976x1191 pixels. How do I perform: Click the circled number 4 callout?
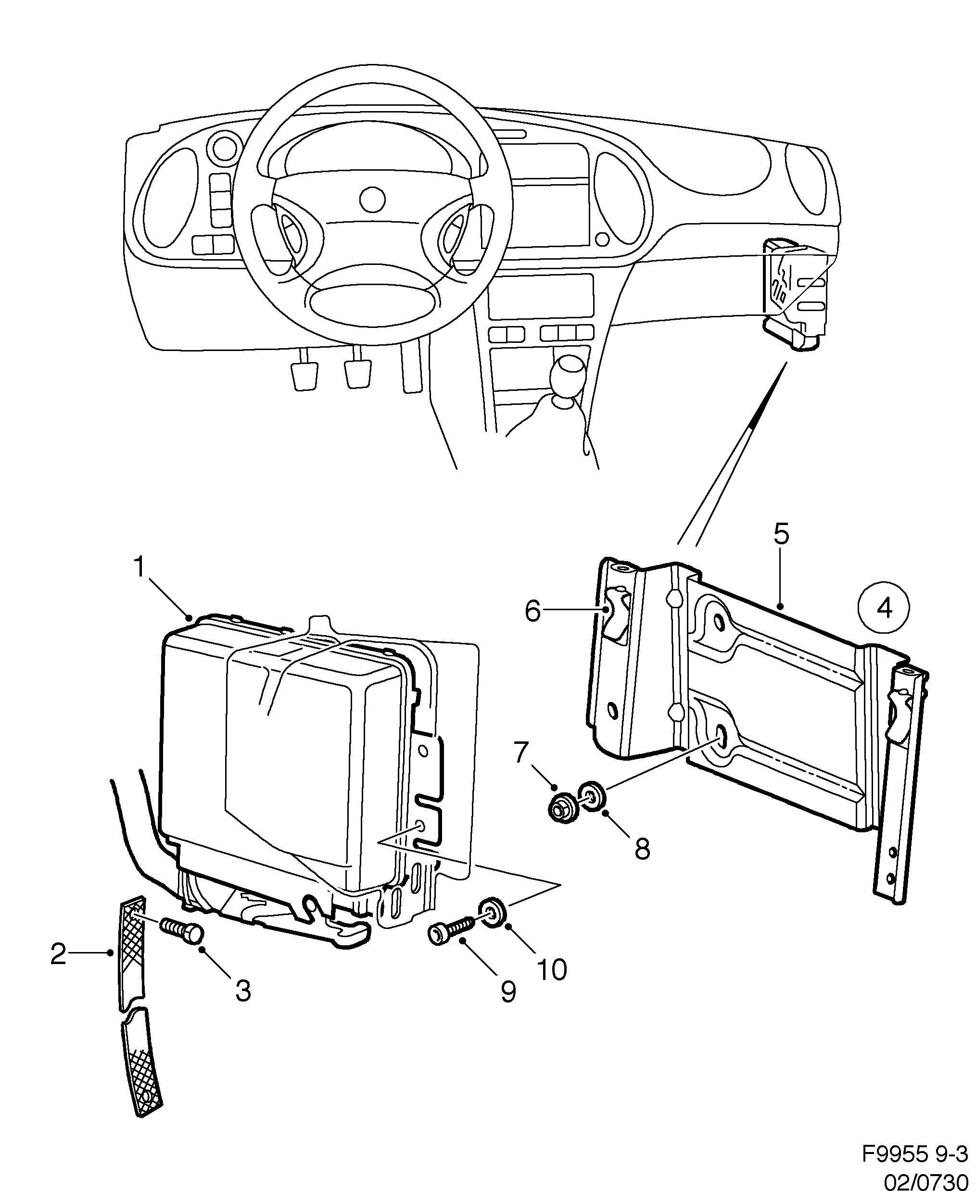coord(884,608)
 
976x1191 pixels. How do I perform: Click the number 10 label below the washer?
coord(552,969)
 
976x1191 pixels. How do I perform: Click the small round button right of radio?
coord(602,239)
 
